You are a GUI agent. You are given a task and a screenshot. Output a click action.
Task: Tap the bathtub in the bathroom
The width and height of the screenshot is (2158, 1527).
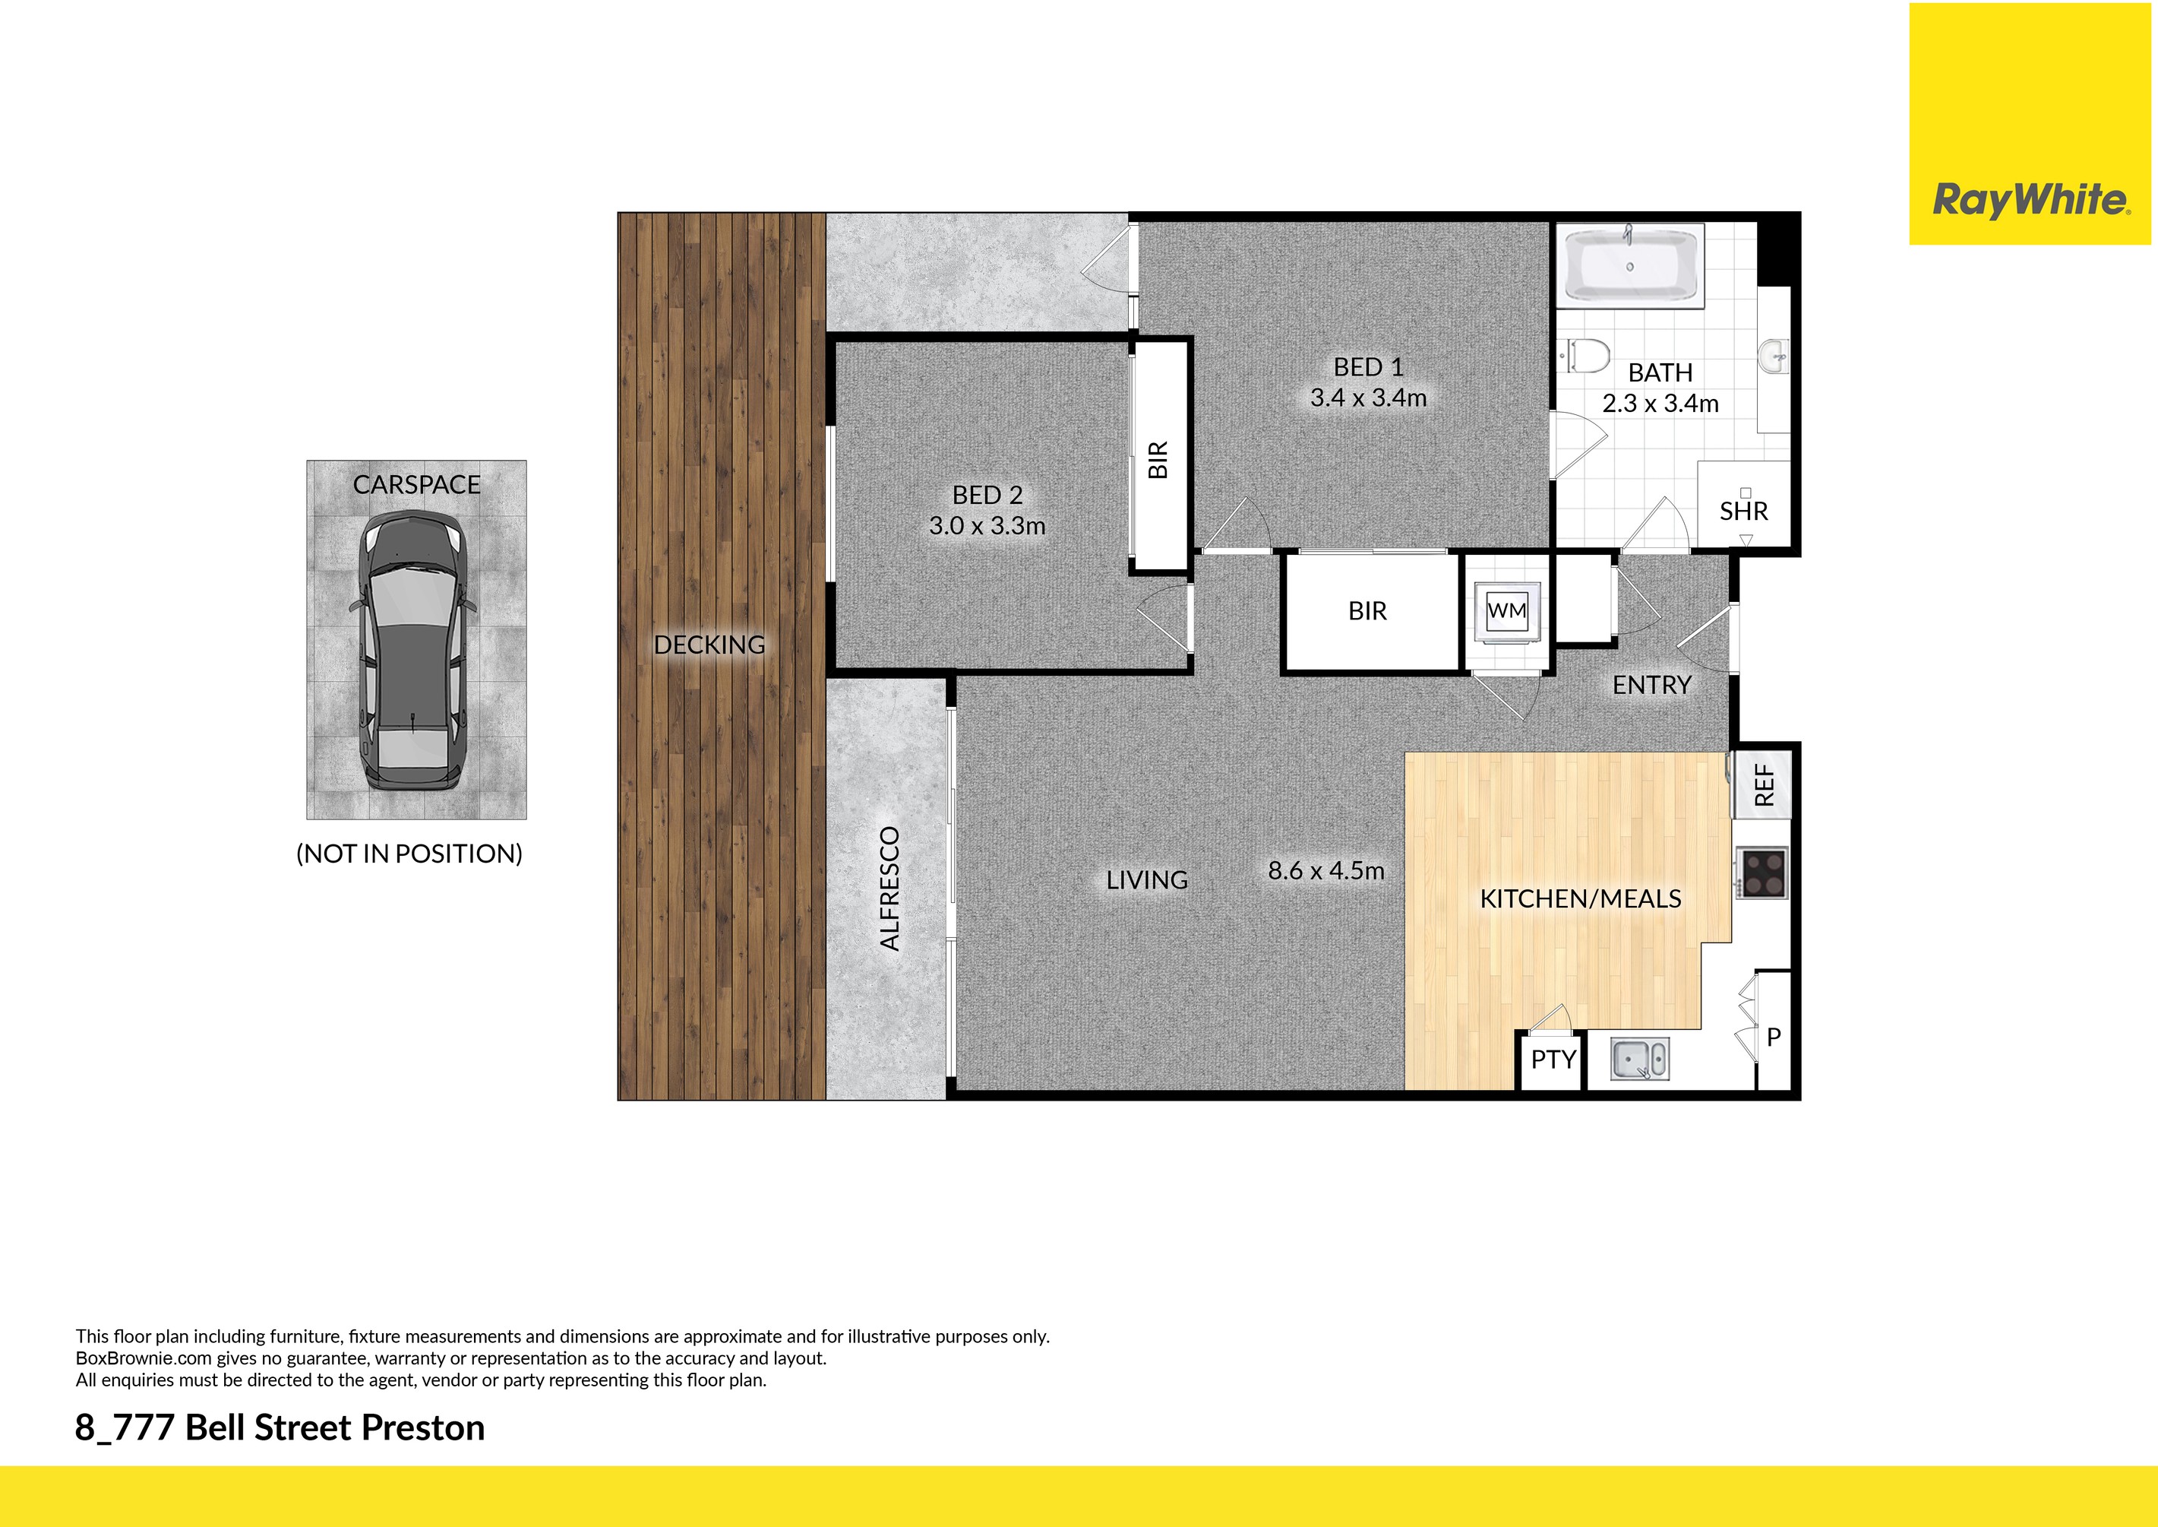point(1630,266)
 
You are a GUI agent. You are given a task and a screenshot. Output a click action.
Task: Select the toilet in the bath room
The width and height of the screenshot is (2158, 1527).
point(1587,356)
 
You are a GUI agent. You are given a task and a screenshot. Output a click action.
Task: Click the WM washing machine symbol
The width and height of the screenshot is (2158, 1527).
point(1507,610)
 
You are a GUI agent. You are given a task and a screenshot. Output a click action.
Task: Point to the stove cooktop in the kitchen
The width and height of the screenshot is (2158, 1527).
point(1761,873)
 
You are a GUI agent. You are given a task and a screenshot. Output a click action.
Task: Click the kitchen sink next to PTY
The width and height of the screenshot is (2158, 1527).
point(1639,1059)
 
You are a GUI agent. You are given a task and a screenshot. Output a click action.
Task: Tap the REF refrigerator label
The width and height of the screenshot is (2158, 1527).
point(1765,784)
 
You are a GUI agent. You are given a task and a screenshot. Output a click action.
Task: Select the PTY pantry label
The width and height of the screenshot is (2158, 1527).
point(1553,1060)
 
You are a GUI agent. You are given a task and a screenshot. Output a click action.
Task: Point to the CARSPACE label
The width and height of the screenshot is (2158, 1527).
point(416,484)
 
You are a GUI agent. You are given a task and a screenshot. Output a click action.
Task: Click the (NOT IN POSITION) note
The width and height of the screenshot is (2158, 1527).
point(409,854)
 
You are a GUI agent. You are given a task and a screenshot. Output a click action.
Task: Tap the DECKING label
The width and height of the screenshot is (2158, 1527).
point(709,645)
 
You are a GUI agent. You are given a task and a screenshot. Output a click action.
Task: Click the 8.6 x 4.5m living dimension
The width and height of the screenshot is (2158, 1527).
point(1325,871)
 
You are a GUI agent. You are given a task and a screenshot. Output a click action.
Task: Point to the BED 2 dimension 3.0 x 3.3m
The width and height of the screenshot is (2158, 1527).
point(987,526)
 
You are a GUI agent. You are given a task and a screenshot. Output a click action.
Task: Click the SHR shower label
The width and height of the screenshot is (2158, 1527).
point(1743,512)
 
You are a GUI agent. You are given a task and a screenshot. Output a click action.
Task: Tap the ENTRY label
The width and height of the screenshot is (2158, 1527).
point(1651,686)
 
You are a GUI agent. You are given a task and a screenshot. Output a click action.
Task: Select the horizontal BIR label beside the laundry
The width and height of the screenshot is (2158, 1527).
point(1367,611)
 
